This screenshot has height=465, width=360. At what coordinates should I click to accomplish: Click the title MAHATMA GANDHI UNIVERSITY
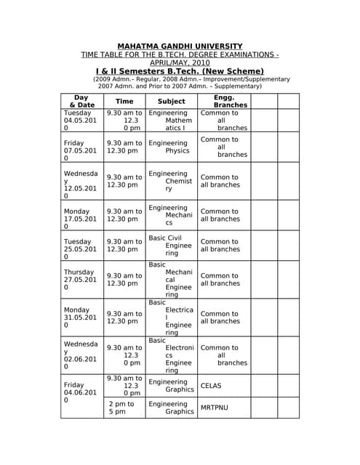(180, 46)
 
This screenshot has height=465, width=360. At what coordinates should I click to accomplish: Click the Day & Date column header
(81, 101)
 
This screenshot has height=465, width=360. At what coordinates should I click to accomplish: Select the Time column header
(124, 101)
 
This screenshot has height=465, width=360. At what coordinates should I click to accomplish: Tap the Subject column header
(171, 101)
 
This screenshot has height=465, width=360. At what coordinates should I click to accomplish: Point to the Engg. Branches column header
(224, 101)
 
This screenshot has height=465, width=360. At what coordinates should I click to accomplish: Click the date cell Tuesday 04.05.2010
(80, 121)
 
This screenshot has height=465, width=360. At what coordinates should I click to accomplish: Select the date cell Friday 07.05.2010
(80, 150)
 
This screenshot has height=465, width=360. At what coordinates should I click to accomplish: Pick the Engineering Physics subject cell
(171, 147)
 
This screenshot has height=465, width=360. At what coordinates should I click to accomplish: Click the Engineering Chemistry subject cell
(171, 181)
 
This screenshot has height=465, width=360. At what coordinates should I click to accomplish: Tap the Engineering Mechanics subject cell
(171, 215)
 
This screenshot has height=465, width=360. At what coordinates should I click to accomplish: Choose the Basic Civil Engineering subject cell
(171, 246)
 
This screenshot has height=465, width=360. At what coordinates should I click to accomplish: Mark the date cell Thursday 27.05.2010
(80, 280)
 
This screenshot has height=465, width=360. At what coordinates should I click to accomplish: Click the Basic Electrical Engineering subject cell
(171, 318)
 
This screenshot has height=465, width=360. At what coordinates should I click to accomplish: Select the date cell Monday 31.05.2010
(80, 318)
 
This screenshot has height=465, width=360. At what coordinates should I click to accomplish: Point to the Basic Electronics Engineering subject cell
(171, 355)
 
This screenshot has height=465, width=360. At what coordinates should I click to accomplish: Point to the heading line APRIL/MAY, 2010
(180, 63)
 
